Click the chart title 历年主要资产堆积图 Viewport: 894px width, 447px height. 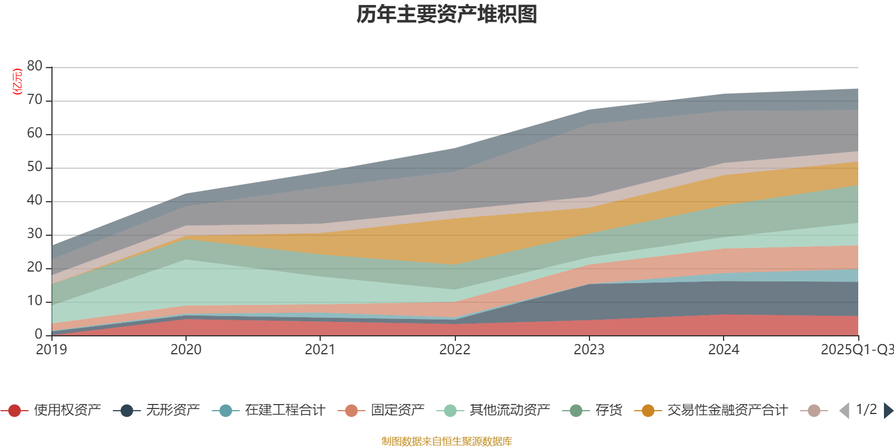coord(447,15)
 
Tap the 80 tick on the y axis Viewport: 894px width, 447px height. coord(35,66)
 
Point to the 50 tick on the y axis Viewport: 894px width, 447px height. coord(35,167)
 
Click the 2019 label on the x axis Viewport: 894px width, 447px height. coord(51,350)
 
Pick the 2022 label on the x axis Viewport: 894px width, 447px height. coord(455,350)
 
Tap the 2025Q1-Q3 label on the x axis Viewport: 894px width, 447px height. coord(856,350)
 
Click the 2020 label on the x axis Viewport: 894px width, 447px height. coord(186,350)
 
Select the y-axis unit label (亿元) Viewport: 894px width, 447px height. coord(17,82)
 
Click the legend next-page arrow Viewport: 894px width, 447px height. coord(888,411)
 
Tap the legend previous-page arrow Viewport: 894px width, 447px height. coord(844,411)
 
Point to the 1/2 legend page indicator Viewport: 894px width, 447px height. coord(866,410)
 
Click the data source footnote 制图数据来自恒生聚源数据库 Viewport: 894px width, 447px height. coord(447,441)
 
